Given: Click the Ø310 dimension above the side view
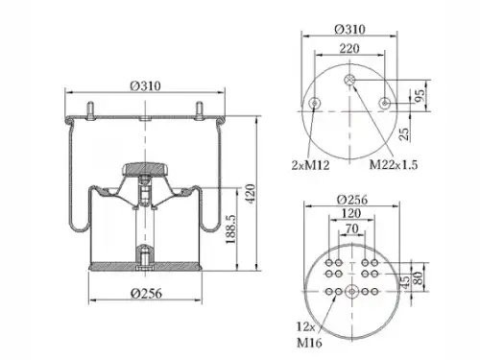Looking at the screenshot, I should tap(145, 84).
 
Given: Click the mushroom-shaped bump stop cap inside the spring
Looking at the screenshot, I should tap(145, 170).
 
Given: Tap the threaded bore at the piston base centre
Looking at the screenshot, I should tap(145, 257).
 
